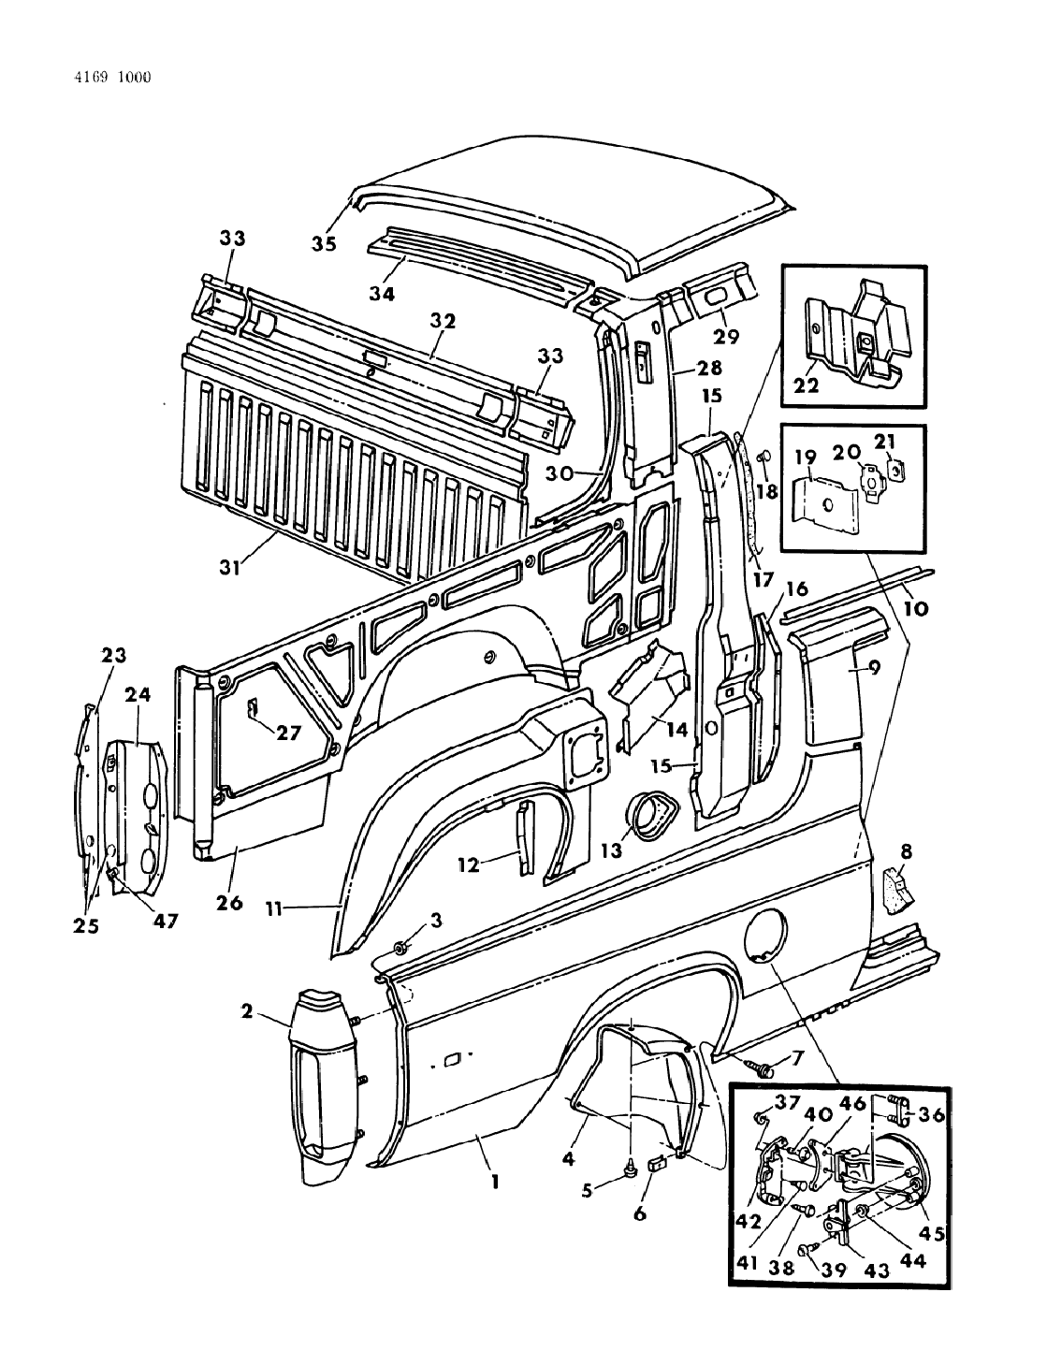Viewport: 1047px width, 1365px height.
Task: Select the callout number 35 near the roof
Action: click(325, 244)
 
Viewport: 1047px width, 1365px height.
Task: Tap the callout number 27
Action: click(288, 733)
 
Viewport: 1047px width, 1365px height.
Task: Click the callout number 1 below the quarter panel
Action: click(494, 1182)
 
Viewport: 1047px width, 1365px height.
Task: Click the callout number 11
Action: click(276, 908)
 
